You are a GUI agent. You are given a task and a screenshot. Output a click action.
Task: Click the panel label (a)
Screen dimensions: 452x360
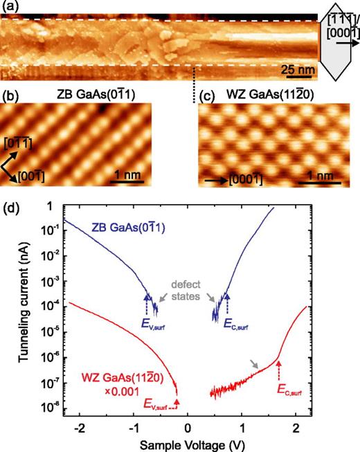[9, 7]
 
